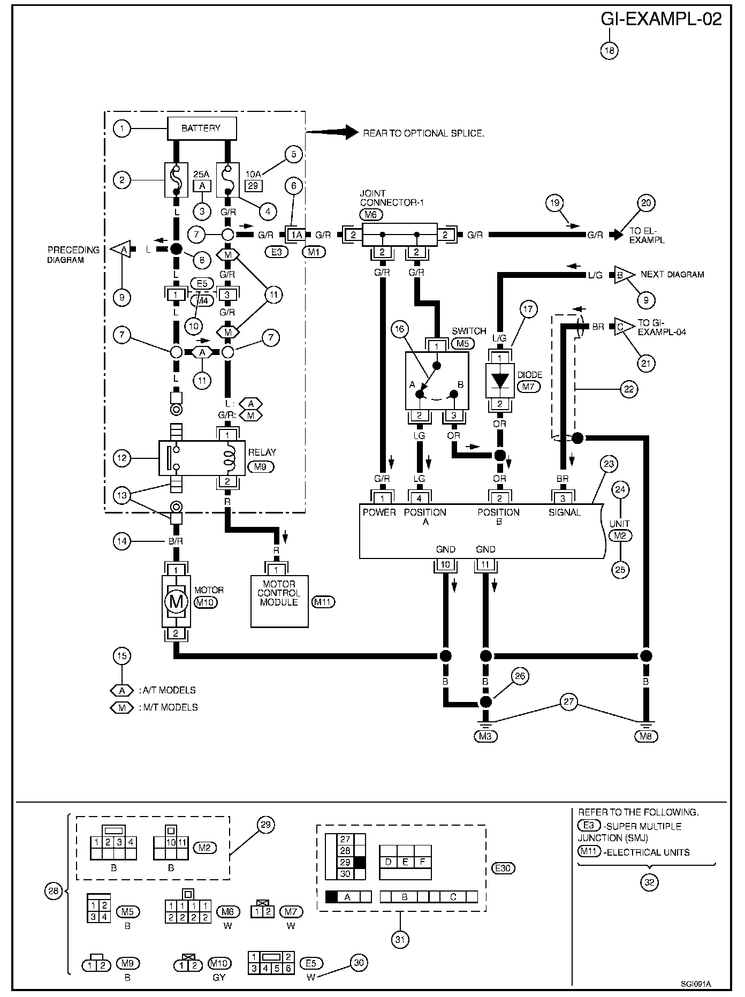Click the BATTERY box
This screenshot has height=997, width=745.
tap(202, 129)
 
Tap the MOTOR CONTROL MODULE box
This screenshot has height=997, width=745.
tap(279, 601)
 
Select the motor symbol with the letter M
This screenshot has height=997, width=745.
tap(176, 601)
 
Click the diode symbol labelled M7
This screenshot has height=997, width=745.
tap(500, 380)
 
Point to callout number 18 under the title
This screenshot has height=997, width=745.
tap(610, 50)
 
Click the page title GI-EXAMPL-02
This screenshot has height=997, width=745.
tap(661, 19)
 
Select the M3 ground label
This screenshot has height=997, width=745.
tap(485, 736)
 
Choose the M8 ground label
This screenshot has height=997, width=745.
tap(645, 736)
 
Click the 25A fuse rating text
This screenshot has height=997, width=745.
tap(202, 175)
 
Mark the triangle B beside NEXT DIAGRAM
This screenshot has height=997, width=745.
tap(621, 275)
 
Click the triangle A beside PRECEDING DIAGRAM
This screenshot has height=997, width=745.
tap(121, 250)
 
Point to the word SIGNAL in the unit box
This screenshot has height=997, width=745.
tap(564, 512)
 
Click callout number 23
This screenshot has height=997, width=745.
tap(610, 463)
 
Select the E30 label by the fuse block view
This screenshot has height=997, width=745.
tap(504, 868)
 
